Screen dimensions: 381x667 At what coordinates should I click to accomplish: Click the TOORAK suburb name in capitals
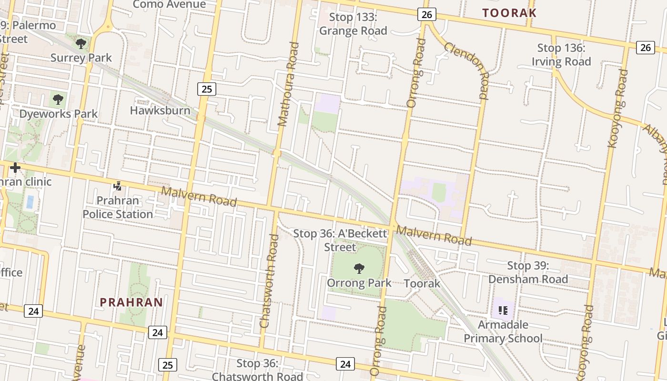pos(509,13)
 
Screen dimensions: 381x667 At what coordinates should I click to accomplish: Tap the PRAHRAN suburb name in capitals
pos(131,302)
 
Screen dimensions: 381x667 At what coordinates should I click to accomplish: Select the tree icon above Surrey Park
pos(81,44)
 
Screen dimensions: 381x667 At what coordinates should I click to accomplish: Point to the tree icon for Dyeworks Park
pos(58,100)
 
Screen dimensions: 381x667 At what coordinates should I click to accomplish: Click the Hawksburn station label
pos(160,110)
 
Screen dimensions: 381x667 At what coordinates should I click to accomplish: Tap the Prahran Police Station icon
pos(118,186)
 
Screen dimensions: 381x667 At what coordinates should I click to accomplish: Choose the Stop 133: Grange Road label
pos(353,24)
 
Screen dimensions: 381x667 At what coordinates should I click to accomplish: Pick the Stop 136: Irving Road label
pos(561,55)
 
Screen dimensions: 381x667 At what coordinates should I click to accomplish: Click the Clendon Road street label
pos(467,70)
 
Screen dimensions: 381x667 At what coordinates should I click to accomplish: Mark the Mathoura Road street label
pos(289,84)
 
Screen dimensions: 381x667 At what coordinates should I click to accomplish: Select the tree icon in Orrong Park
pos(359,269)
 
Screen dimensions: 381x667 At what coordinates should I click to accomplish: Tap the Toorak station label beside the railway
pos(422,284)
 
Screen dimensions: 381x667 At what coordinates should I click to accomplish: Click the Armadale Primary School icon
pos(503,311)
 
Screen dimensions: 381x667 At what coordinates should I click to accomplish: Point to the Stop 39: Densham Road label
pos(528,272)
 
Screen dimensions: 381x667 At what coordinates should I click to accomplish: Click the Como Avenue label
pos(169,5)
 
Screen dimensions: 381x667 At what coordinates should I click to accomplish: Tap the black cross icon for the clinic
pos(15,168)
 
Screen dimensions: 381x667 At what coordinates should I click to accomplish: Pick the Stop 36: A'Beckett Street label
pos(340,240)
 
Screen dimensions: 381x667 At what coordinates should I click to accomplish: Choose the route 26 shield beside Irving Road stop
pos(645,47)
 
